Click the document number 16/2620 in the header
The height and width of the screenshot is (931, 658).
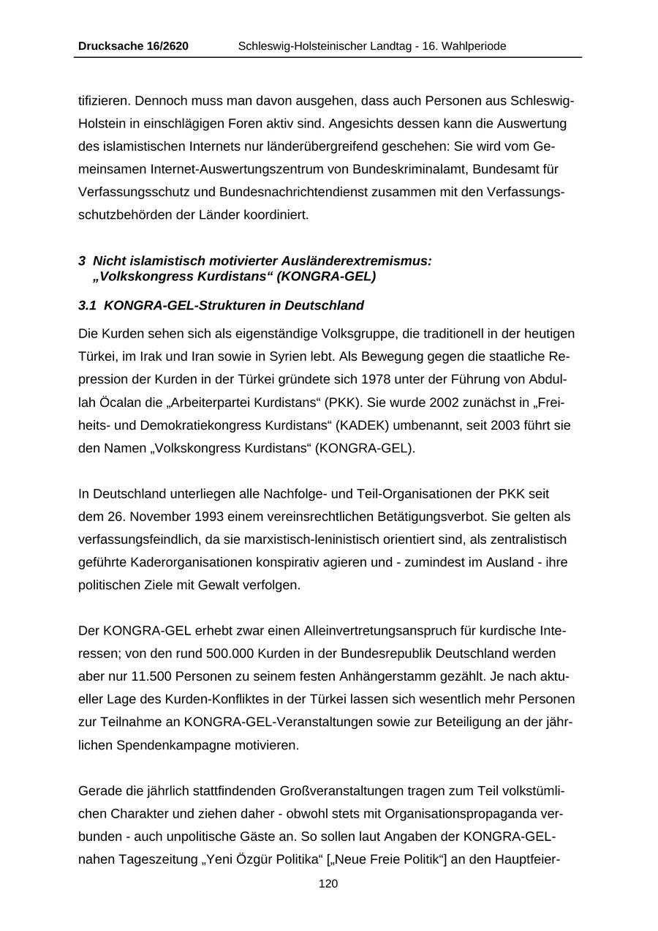(x=163, y=46)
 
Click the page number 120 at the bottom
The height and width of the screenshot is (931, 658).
(x=328, y=883)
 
